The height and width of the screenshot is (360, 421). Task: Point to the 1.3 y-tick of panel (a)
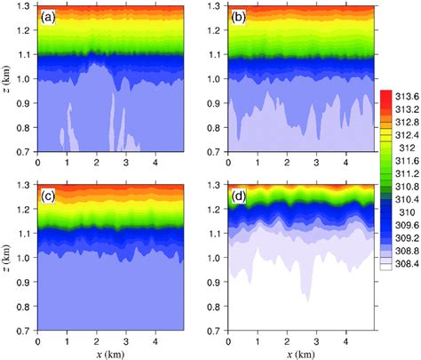click(x=24, y=8)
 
